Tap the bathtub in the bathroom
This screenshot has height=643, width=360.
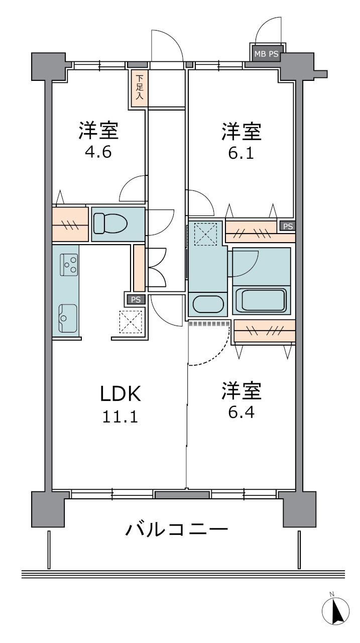(261, 300)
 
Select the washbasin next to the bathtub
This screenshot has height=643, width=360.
(208, 304)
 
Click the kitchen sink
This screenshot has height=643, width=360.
(68, 318)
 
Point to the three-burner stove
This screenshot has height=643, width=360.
(69, 265)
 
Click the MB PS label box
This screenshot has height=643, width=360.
(267, 54)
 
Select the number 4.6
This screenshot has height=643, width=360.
(98, 152)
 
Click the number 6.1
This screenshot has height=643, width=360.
(241, 153)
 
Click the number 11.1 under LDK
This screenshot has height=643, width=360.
(120, 416)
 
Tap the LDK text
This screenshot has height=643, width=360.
(120, 394)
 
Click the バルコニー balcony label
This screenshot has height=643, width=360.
(176, 529)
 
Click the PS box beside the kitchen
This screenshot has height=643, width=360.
(136, 300)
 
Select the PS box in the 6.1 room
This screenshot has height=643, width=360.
(288, 226)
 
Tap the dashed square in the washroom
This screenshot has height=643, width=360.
(205, 234)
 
